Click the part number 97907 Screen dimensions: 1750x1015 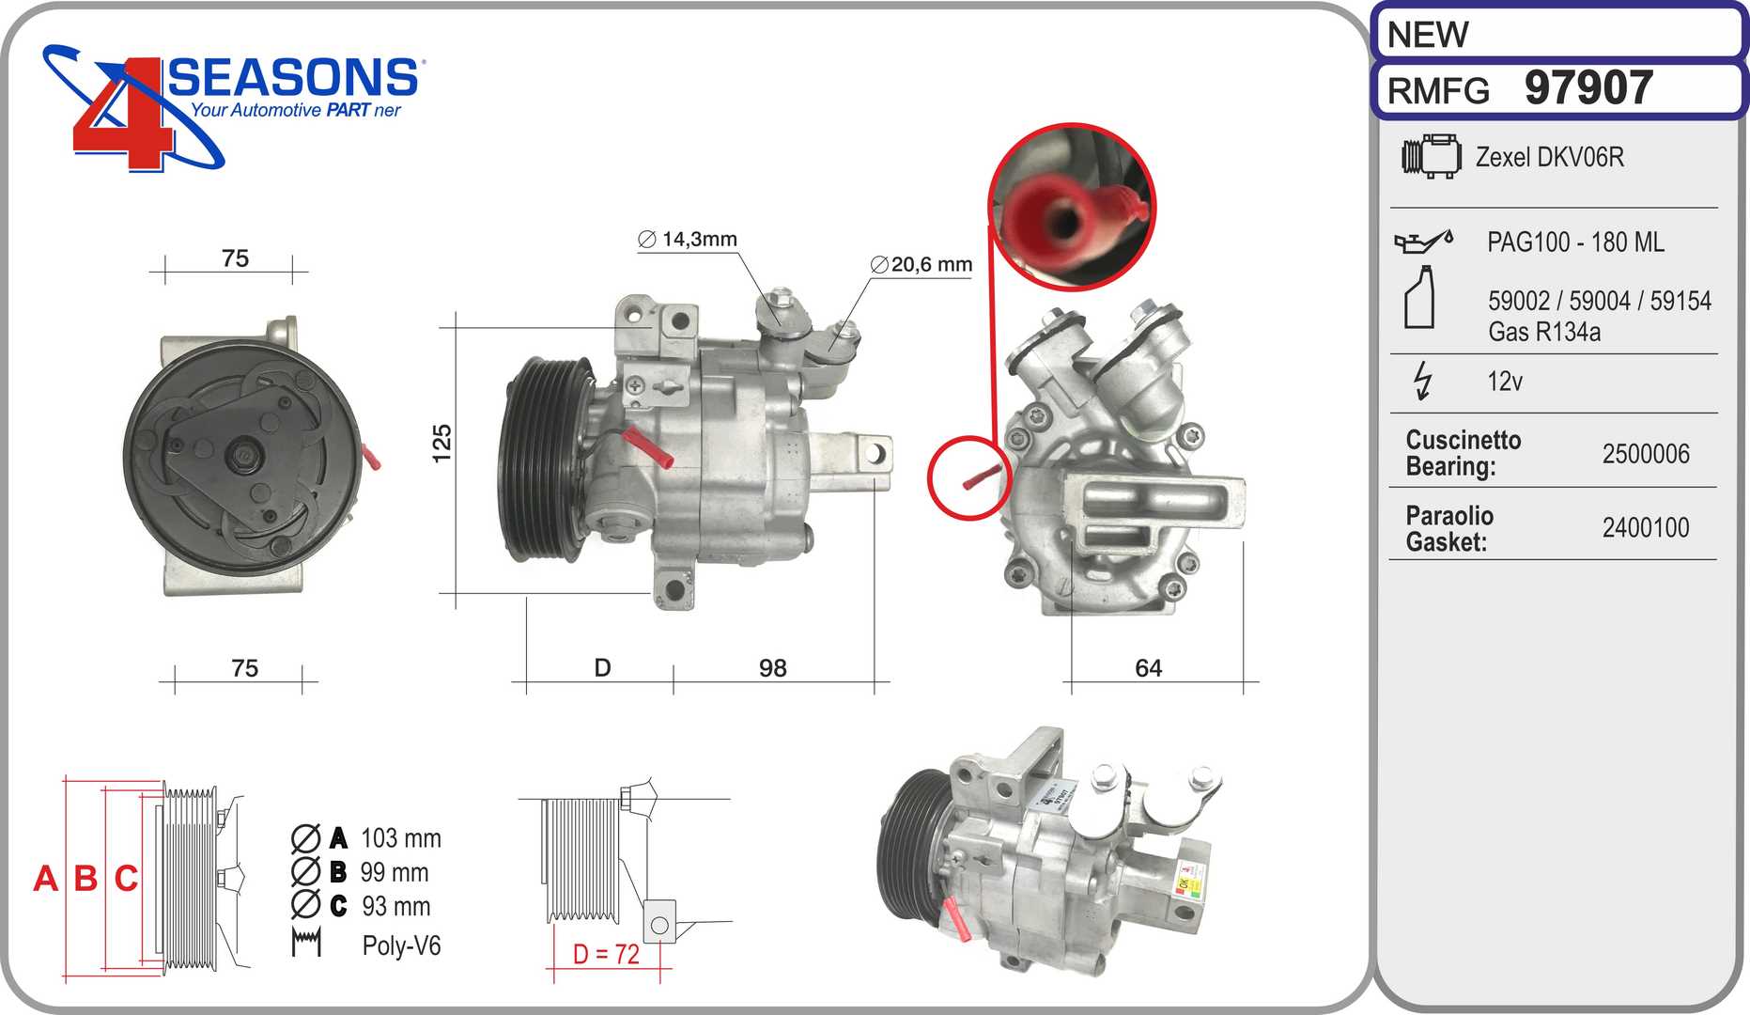[1588, 88]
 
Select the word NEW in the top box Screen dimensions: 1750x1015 [1428, 35]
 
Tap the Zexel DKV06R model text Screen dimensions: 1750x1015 [1550, 157]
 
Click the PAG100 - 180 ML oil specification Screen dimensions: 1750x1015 [1575, 242]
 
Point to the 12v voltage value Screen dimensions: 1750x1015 [1505, 382]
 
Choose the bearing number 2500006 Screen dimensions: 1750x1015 [1646, 454]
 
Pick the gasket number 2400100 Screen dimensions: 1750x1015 [1646, 528]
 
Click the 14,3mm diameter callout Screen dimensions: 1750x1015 [688, 240]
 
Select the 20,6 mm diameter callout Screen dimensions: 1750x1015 [921, 265]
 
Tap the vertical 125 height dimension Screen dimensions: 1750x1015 [441, 444]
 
